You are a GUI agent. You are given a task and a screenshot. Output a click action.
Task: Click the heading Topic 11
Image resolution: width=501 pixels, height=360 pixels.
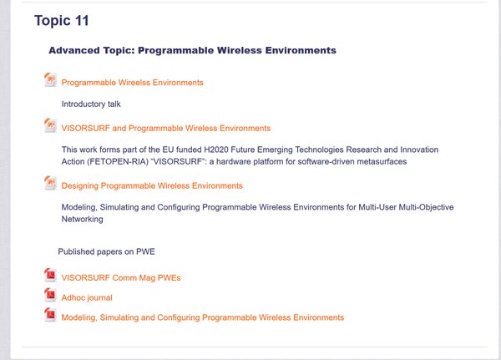(61, 21)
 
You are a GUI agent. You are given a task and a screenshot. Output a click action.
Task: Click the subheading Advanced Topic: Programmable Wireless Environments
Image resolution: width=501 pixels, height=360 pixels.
(192, 50)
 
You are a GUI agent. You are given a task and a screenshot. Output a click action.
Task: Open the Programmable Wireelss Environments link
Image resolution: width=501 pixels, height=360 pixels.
(132, 83)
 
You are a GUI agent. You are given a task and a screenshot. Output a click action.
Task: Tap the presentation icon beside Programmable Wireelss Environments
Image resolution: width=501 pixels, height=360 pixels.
(50, 79)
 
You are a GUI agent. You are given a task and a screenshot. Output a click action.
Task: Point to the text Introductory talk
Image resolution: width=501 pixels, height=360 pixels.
(91, 104)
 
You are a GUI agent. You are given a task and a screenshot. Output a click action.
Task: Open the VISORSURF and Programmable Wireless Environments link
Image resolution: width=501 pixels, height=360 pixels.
(166, 128)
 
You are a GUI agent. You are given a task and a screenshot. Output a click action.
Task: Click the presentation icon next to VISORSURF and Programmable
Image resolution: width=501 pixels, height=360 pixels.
(50, 125)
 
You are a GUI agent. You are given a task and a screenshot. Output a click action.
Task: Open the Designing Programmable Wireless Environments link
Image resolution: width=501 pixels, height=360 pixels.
(152, 185)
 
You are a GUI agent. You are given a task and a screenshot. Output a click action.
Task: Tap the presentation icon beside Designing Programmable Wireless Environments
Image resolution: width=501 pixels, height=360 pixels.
(50, 183)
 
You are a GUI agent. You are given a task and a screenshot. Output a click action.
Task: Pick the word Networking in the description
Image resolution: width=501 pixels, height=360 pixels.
(82, 219)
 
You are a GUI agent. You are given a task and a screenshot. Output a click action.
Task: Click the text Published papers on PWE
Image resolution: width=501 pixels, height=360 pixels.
(106, 251)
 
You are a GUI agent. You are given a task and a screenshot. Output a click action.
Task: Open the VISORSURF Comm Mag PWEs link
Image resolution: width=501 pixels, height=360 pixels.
(121, 277)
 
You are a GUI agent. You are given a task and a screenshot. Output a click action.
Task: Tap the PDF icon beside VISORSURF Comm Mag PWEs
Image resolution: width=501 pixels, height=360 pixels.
(50, 275)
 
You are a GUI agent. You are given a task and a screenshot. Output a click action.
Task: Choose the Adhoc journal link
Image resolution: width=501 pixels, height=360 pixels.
(87, 297)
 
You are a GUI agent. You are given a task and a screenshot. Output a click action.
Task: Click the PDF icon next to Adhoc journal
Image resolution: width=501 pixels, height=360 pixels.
(50, 295)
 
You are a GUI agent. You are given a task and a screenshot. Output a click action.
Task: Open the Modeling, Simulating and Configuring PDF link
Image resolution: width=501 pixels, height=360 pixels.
(203, 317)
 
